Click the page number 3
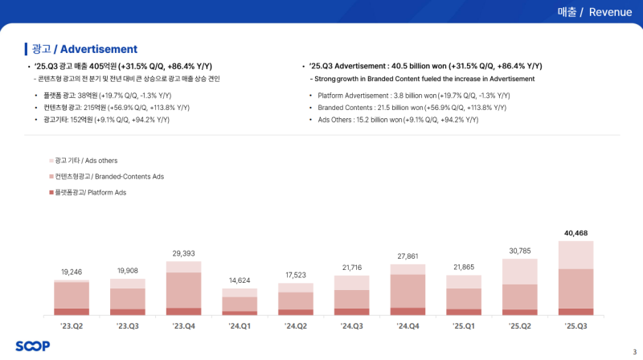[x=633, y=350]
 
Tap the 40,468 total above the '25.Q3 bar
[x=575, y=233]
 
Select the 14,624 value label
[x=240, y=280]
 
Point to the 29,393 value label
[x=183, y=253]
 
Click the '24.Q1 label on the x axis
[x=240, y=327]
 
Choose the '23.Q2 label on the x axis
[x=71, y=327]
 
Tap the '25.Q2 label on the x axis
[x=519, y=327]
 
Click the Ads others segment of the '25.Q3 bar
[x=575, y=256]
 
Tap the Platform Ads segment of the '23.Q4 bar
[x=183, y=311]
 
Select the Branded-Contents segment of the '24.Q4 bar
[x=408, y=291]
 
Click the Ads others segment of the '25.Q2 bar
[x=519, y=272]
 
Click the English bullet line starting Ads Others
[x=394, y=120]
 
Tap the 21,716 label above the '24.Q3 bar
[x=351, y=268]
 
